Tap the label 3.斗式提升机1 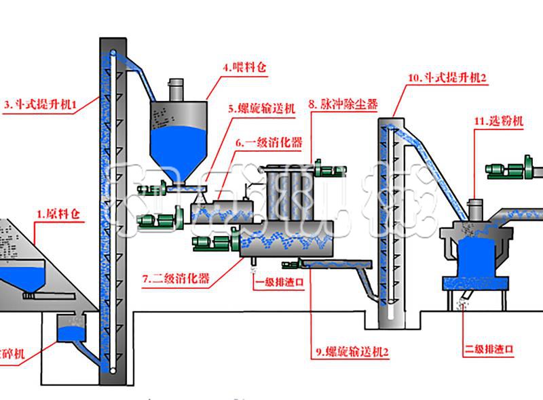[x=41, y=104]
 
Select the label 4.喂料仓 [x=242, y=68]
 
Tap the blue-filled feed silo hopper [x=177, y=146]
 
